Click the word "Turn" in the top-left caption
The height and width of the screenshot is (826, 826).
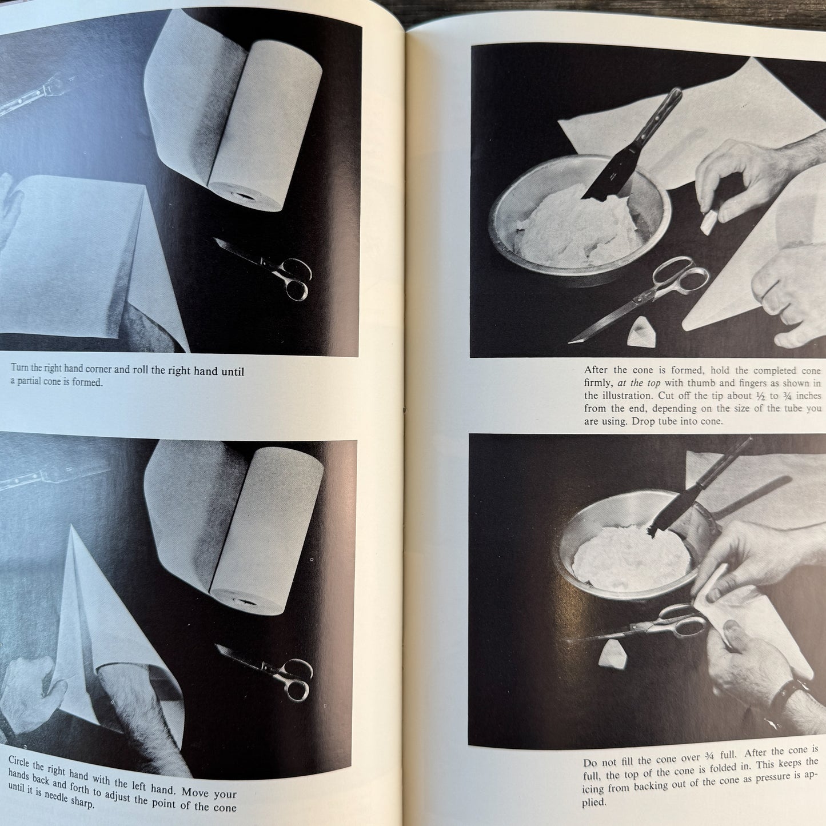click(19, 368)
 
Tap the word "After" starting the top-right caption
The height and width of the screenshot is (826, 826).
click(596, 370)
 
